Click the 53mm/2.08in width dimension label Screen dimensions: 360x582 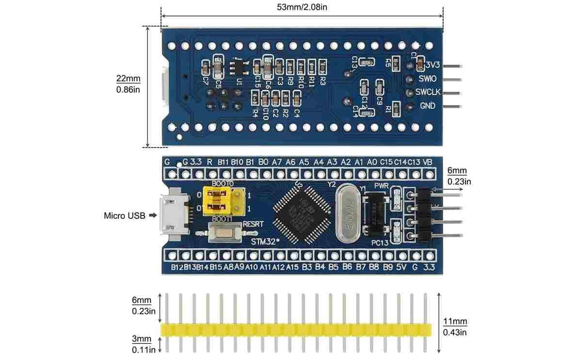[302, 7]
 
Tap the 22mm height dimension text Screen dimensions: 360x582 [128, 79]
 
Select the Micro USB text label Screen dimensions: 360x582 [124, 215]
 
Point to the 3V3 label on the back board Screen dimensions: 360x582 [432, 65]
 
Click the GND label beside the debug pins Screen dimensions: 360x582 [427, 105]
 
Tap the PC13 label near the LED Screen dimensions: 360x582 [379, 243]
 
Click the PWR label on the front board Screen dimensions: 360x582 [381, 186]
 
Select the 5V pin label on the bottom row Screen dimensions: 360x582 [401, 267]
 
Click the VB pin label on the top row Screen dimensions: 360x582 [427, 162]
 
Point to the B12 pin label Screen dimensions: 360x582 [177, 267]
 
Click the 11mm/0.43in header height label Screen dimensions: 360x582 [455, 327]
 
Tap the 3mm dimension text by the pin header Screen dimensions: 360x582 [142, 339]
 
